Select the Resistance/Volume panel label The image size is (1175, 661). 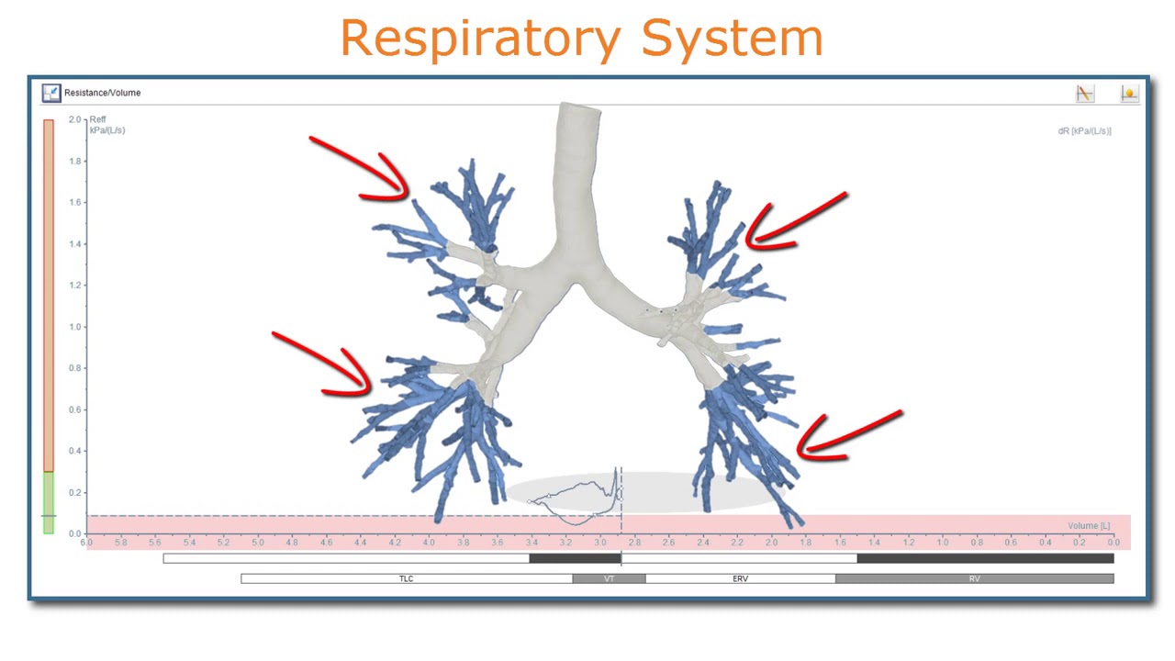tap(102, 93)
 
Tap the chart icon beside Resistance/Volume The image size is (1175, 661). tap(50, 93)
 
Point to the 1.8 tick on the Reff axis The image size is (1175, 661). tap(74, 162)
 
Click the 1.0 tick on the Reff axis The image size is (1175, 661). tap(74, 327)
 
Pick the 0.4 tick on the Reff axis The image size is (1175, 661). tap(74, 451)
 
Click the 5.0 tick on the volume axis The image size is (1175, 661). tap(257, 543)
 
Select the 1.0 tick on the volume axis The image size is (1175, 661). tap(943, 543)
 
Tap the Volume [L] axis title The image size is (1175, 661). tap(1088, 526)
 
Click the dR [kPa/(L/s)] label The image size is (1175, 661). tap(1084, 131)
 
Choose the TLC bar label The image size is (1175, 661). tap(406, 579)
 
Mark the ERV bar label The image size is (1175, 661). tap(740, 579)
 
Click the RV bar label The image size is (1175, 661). tap(974, 579)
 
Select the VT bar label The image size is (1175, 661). tap(609, 579)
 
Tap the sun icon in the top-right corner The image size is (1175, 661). tap(1129, 93)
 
